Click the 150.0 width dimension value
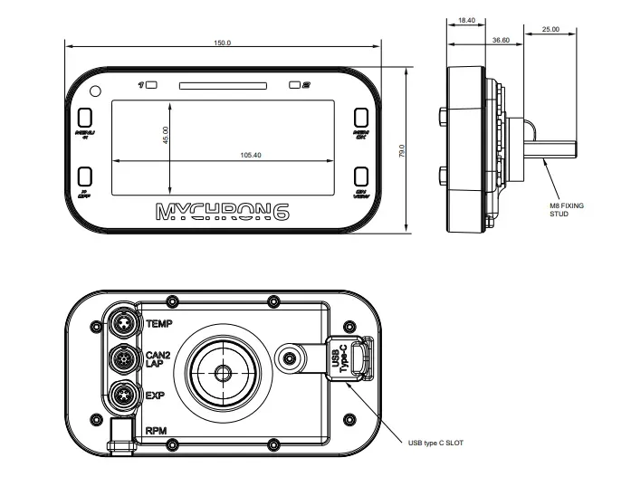(x=222, y=43)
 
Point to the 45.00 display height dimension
(x=165, y=135)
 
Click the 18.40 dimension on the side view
(x=467, y=19)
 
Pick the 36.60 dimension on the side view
(x=500, y=40)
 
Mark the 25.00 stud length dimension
(x=550, y=30)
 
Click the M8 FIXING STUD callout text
(x=567, y=210)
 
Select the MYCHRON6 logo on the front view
(x=223, y=213)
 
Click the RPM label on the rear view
(x=155, y=432)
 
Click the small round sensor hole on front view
(x=95, y=90)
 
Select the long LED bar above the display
(x=223, y=86)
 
